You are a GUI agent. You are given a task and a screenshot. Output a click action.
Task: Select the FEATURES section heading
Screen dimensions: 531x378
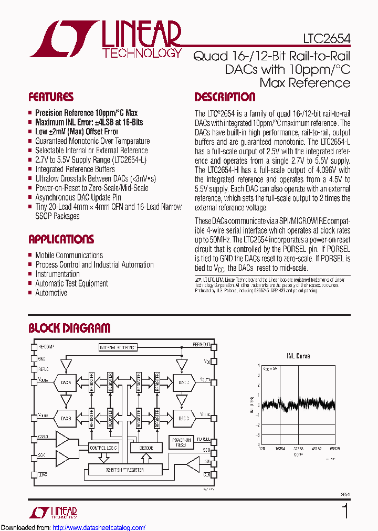[x=51, y=97]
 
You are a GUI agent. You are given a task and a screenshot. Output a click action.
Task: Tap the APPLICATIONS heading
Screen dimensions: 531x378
[x=61, y=239]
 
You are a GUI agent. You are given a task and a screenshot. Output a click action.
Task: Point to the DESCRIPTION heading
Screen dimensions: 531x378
[x=225, y=97]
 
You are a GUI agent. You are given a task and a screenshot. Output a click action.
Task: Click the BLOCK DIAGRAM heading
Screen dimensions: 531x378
[x=69, y=328]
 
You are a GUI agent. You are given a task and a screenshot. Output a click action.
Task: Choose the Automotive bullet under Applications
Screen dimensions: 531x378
[x=51, y=293]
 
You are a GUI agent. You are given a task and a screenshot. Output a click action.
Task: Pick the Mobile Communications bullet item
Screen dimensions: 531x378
[x=69, y=255]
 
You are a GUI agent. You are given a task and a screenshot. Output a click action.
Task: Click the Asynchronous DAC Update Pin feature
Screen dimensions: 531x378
[x=78, y=197]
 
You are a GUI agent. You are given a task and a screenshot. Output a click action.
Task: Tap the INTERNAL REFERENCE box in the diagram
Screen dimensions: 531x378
[x=118, y=347]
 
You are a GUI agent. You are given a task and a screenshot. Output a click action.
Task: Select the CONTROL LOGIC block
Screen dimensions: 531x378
[x=103, y=448]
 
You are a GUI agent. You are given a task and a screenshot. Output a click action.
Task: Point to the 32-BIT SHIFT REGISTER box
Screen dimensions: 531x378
[x=124, y=470]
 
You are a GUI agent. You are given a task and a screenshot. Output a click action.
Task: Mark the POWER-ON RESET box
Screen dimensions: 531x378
[x=181, y=442]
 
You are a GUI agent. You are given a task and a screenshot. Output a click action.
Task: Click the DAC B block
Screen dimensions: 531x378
[x=66, y=418]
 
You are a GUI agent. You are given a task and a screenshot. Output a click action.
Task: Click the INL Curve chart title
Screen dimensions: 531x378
[x=299, y=356]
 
